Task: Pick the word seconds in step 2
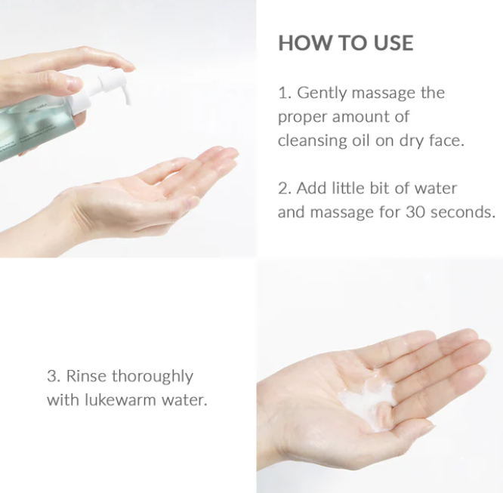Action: (x=463, y=212)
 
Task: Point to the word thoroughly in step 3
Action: (x=153, y=377)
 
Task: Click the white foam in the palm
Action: (x=369, y=402)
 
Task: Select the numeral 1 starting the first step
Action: (x=282, y=94)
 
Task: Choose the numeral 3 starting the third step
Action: (x=51, y=376)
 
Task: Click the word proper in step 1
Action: (x=303, y=118)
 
